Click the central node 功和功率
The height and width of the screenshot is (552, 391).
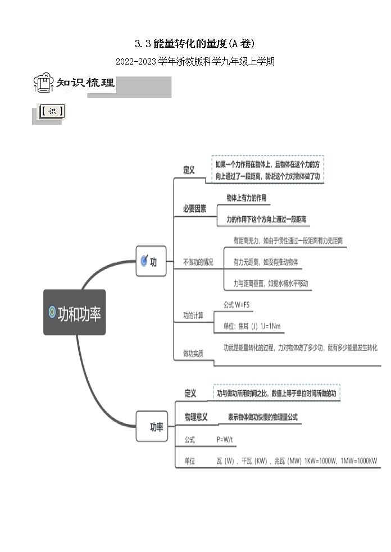tap(74, 312)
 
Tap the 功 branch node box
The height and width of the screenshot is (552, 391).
tap(151, 261)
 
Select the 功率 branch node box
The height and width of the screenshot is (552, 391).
tap(152, 427)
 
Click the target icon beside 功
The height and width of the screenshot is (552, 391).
tap(144, 261)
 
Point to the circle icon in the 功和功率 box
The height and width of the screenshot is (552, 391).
tap(52, 312)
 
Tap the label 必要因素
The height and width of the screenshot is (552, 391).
tap(194, 208)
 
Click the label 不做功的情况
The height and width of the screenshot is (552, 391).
tap(198, 262)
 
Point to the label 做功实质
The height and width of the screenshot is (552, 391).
tap(193, 353)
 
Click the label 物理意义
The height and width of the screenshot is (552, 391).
tap(196, 417)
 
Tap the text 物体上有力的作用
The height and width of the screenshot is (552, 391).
tap(247, 198)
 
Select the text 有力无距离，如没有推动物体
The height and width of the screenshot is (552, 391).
tap(266, 262)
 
